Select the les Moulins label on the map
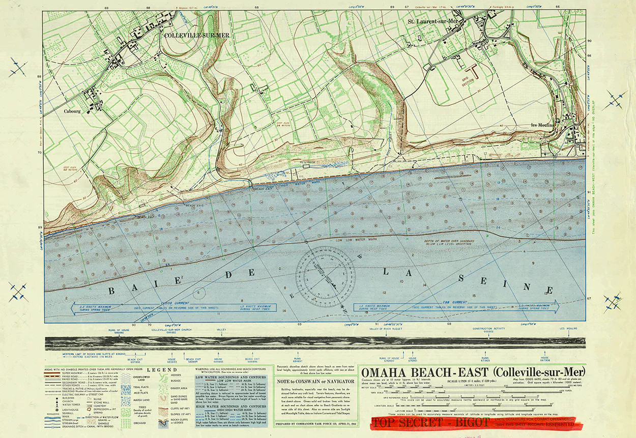pos(542,125)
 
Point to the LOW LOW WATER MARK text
pos(357,240)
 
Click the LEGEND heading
pos(162,370)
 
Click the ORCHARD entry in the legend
pos(141,423)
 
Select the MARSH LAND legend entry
pos(141,400)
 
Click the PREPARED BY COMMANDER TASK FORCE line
pos(314,423)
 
